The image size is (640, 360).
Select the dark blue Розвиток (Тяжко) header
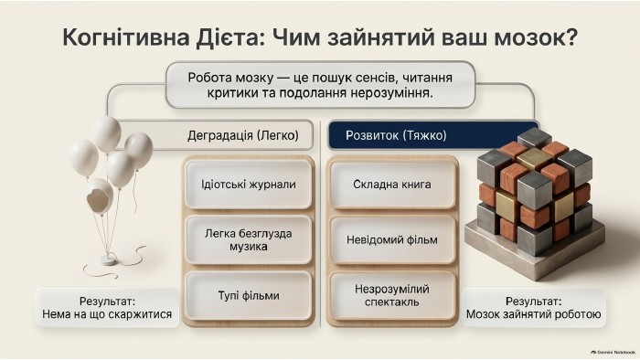433,135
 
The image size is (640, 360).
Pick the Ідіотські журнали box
248,185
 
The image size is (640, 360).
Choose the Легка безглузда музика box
248,239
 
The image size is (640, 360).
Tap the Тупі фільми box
248,295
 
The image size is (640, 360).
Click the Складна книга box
392,185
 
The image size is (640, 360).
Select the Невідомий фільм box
392,239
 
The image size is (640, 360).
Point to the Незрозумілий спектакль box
392,295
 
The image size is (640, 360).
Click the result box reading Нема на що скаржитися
107,308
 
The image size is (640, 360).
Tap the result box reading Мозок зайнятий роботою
533,308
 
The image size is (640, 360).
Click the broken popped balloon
99,196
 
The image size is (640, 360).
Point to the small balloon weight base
109,259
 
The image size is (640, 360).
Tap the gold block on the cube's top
533,158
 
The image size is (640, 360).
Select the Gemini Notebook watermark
613,352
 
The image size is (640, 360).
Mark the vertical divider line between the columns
321,224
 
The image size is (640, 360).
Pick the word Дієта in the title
227,37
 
